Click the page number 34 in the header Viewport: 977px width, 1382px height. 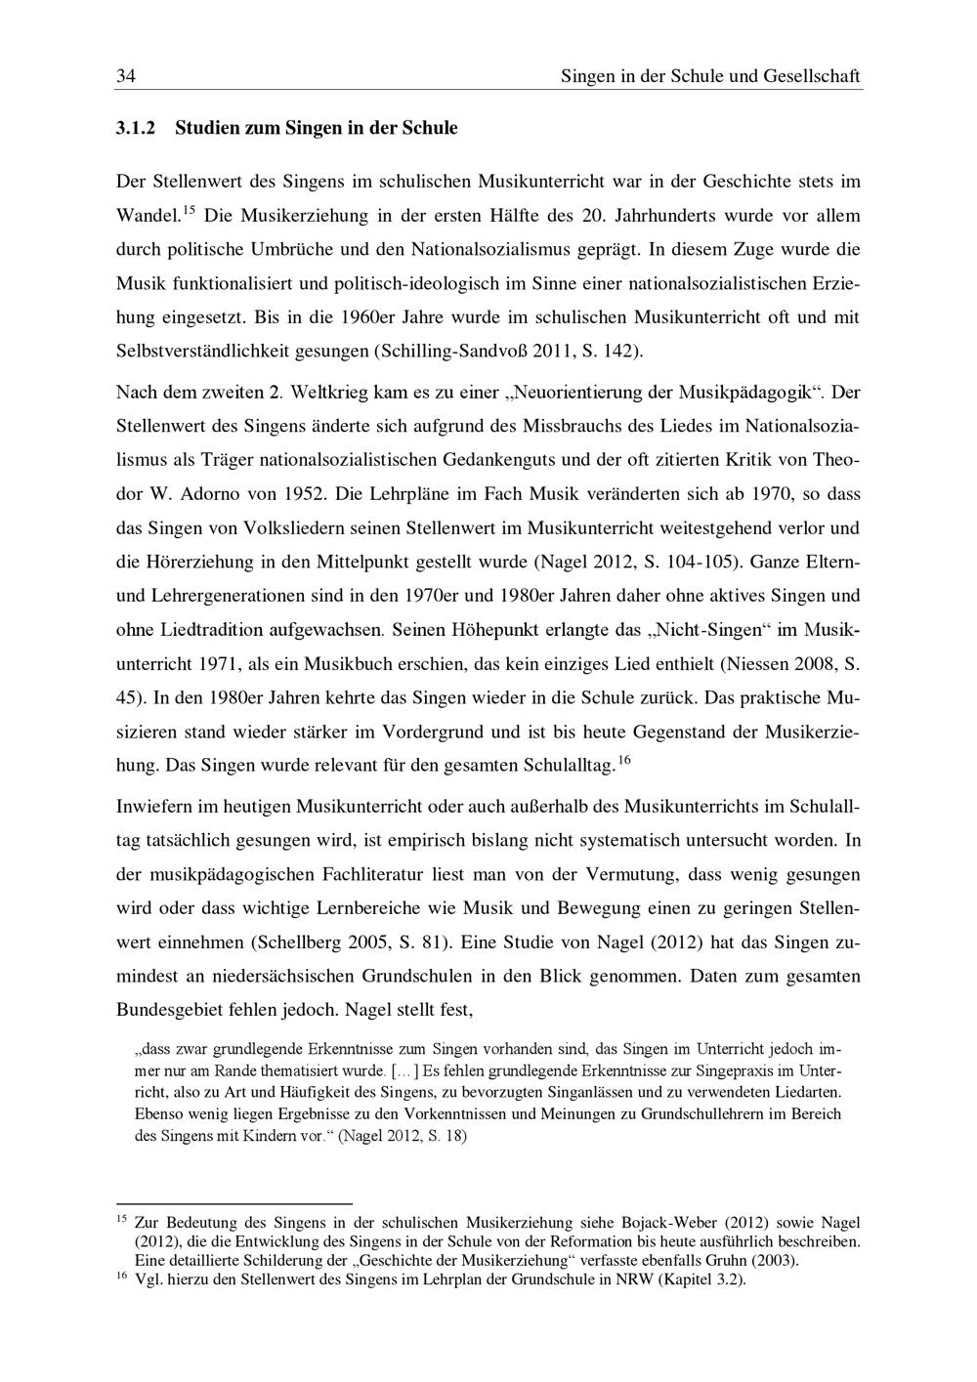coord(125,75)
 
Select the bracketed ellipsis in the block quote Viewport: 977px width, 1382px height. coord(404,1071)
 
